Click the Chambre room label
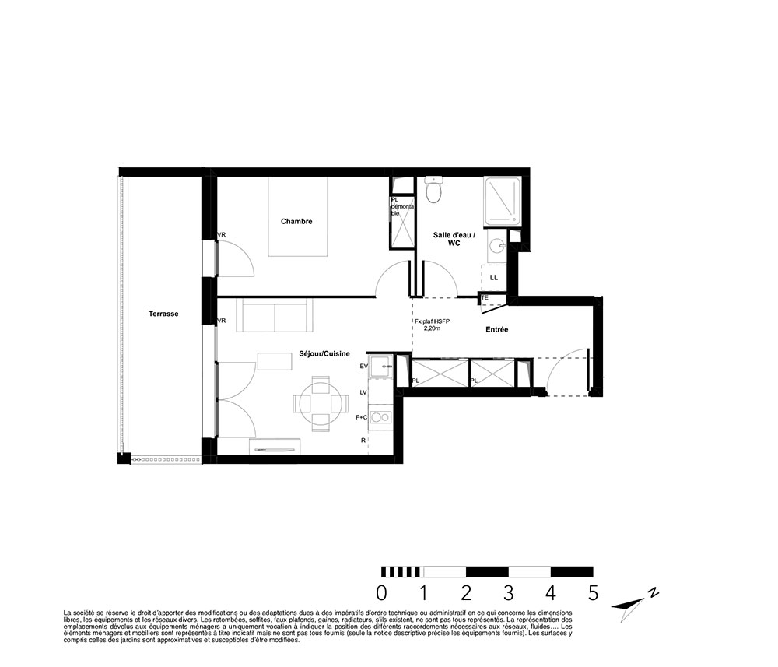[296, 221]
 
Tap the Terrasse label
[163, 314]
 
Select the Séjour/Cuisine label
[324, 354]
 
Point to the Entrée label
[496, 329]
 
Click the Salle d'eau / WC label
[454, 239]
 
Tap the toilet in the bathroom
[433, 190]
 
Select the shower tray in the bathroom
[503, 202]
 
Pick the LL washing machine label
[494, 277]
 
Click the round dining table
[320, 403]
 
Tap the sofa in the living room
[275, 315]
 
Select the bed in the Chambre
[298, 216]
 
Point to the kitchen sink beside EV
[381, 365]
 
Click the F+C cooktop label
[361, 418]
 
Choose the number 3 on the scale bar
[508, 593]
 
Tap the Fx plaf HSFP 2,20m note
[432, 325]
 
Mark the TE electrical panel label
[485, 298]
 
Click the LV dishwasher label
[363, 392]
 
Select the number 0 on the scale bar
[381, 593]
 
